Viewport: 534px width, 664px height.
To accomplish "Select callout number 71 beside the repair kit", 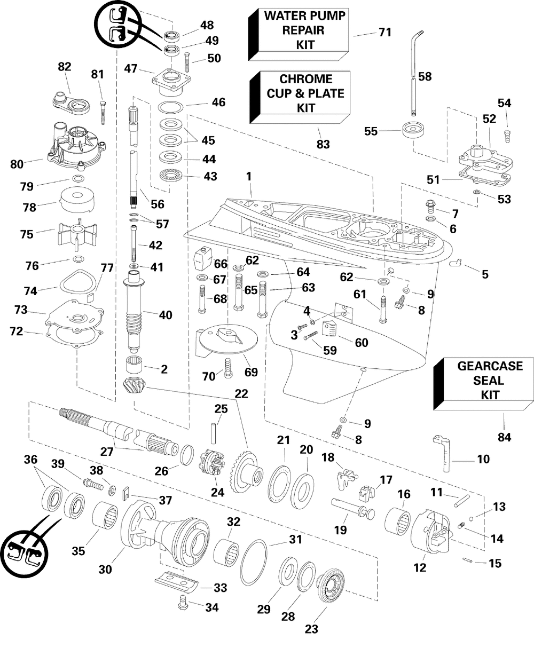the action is click(x=384, y=32).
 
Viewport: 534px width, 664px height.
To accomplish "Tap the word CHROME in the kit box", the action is click(x=306, y=79).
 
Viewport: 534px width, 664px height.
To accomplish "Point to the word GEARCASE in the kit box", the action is click(x=490, y=366).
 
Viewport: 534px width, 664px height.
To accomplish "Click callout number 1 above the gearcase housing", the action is click(x=249, y=177).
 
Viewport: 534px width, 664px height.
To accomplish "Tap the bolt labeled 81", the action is click(x=103, y=113).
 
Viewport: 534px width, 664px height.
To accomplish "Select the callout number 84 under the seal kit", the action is click(x=504, y=437).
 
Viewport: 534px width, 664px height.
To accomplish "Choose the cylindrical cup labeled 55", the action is click(x=413, y=131).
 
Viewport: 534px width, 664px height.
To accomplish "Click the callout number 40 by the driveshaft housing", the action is click(x=166, y=315).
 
